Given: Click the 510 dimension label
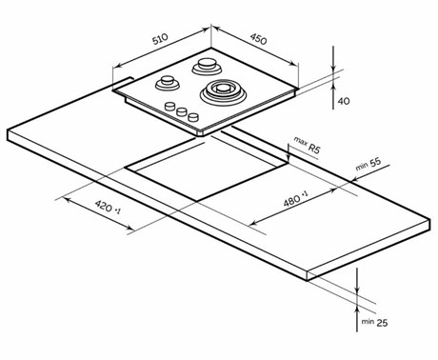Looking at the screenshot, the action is [160, 39].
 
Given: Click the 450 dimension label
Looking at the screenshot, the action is [258, 39].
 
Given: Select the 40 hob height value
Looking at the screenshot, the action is [344, 101].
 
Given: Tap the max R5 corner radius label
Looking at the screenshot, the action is [307, 146].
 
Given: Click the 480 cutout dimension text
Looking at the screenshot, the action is [295, 199].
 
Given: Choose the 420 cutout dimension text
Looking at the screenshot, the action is [108, 207].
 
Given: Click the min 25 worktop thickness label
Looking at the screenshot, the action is [374, 322].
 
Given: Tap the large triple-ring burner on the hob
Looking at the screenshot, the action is [223, 91].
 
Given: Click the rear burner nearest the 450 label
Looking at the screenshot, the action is [207, 66].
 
